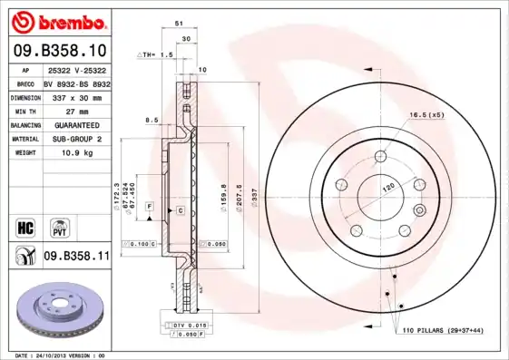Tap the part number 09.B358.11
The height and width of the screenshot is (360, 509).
pos(76,258)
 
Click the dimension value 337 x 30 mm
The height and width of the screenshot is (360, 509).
pos(77,96)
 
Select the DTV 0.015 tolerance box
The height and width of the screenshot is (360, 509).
pos(180,324)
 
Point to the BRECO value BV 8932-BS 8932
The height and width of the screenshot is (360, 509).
pos(77,82)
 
